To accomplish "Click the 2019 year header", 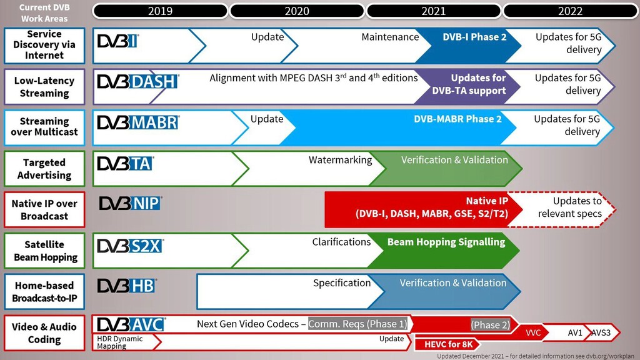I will click(160, 11).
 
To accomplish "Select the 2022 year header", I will click(570, 11).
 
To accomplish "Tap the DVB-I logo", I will click(117, 42).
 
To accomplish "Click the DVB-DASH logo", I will click(137, 81).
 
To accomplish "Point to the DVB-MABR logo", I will click(137, 122).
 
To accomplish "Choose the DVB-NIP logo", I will click(130, 204).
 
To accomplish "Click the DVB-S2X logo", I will click(130, 246).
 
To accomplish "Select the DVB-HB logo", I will click(127, 286).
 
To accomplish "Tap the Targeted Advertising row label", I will click(44, 169).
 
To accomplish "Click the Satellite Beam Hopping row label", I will click(44, 251).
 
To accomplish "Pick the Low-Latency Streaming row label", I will click(44, 87).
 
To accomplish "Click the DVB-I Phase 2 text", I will click(474, 37).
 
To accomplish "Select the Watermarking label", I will click(340, 161).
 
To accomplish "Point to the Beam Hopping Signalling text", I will click(446, 242).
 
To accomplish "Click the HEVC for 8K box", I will click(448, 344).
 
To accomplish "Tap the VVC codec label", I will click(532, 333).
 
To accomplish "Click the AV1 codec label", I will click(575, 333).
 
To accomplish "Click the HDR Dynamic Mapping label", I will click(119, 342).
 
